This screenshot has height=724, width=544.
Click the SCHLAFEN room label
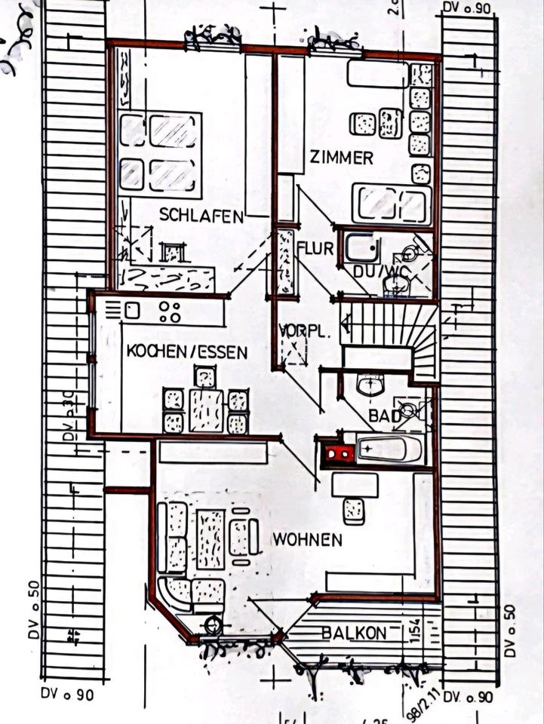click(201, 215)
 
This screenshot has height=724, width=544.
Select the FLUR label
click(315, 247)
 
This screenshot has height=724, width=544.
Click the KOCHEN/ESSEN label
click(186, 351)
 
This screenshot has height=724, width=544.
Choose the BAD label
click(383, 416)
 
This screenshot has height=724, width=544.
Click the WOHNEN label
click(307, 539)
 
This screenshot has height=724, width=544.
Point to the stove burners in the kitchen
click(171, 311)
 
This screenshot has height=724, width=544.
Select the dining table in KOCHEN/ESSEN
click(205, 409)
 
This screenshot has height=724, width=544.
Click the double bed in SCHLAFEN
click(161, 151)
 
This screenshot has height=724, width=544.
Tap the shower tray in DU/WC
click(361, 247)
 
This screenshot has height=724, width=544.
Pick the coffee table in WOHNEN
click(211, 537)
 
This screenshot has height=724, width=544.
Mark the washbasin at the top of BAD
click(370, 385)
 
